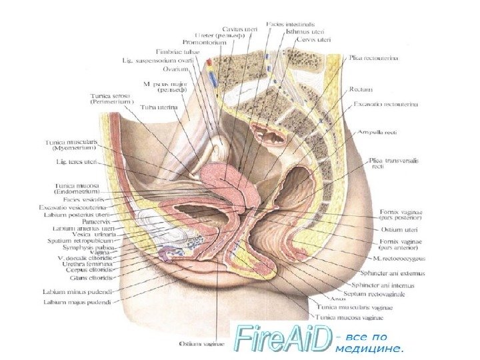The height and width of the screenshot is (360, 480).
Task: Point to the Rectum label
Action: click(360, 88)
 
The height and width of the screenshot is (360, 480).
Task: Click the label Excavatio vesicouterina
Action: click(73, 208)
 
